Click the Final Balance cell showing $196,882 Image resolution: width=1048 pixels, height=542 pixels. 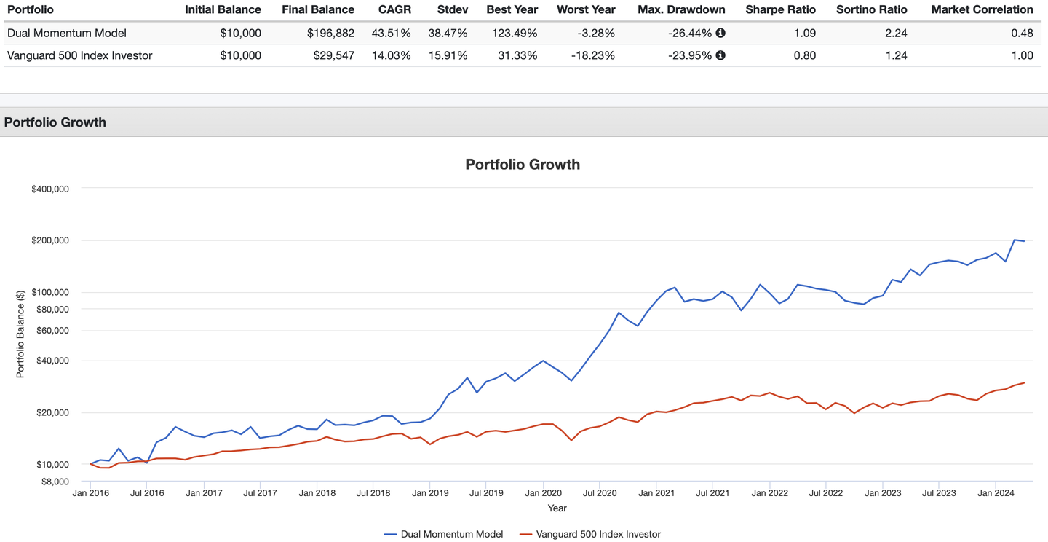point(330,34)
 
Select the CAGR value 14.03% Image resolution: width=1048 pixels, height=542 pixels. point(391,56)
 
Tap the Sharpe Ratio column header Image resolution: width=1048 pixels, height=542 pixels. point(780,10)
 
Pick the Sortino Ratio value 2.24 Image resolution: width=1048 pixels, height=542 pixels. point(896,34)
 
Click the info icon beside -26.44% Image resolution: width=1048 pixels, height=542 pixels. point(720,33)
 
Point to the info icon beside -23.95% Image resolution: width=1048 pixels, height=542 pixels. point(720,55)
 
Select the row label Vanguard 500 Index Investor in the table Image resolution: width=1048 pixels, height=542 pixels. point(80,56)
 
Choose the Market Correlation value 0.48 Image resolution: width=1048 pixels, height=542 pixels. point(1022,34)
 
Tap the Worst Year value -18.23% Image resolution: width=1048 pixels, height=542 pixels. point(592,56)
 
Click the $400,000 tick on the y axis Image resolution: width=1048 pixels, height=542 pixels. point(50,189)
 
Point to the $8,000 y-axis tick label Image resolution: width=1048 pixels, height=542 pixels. point(55,482)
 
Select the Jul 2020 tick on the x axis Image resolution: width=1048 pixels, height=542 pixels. point(600,493)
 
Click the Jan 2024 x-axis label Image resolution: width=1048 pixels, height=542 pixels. point(996,493)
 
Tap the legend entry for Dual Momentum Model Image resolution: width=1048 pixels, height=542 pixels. point(443,534)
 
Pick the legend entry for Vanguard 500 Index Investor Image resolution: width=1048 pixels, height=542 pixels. point(590,534)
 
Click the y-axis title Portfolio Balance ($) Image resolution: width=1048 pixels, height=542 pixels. point(20,334)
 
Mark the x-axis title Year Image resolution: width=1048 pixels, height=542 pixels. point(557,508)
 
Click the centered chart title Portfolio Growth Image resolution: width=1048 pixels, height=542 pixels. point(523,165)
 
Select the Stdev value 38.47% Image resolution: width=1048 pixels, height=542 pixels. point(448,34)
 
